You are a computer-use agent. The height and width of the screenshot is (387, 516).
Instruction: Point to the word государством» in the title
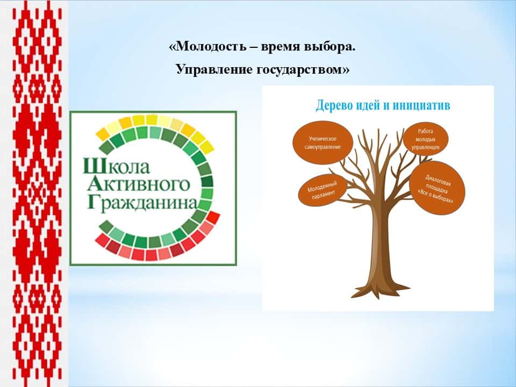(x=303, y=70)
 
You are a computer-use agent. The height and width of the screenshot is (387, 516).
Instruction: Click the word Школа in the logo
(x=117, y=166)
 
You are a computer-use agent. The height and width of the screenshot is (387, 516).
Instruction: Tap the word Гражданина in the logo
(x=142, y=203)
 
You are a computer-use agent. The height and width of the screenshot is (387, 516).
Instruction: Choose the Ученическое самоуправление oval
(x=323, y=142)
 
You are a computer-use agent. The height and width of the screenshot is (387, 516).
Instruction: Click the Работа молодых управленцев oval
(x=426, y=139)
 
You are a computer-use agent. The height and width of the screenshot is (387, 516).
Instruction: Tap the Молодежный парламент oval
(x=322, y=190)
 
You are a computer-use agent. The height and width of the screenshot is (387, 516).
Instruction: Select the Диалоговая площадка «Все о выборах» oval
(x=438, y=188)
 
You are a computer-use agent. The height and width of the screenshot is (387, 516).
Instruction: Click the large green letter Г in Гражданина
(x=93, y=203)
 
